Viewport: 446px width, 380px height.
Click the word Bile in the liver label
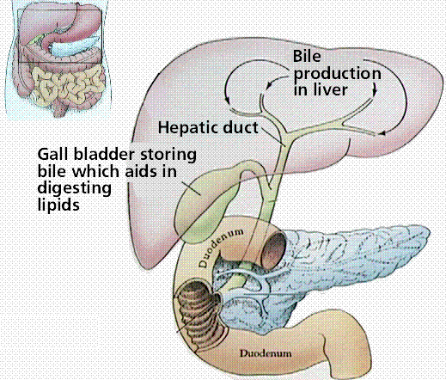point(307,56)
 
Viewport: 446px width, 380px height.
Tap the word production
point(337,75)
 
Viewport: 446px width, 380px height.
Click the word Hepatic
point(188,127)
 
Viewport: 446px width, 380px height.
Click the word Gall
point(53,154)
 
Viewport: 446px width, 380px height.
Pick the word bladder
point(104,154)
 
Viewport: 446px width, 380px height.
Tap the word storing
point(168,155)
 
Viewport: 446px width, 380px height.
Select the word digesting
point(75,189)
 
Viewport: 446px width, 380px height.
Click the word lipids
point(58,205)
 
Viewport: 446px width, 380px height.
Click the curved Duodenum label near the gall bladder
point(221,247)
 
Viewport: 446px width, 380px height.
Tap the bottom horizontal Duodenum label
point(266,353)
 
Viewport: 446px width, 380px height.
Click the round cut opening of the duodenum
point(272,250)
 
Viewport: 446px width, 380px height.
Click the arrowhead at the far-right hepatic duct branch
point(382,133)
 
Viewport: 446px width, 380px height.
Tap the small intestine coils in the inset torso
point(66,86)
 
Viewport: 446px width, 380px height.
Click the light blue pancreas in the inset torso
point(75,46)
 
